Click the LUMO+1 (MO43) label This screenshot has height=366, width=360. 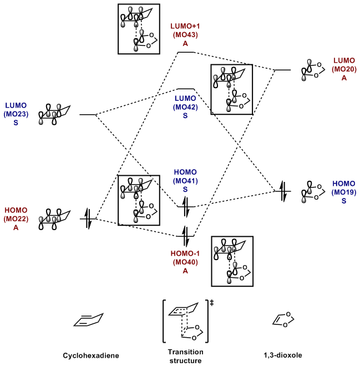click(x=186, y=34)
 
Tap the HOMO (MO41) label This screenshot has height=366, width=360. click(x=186, y=181)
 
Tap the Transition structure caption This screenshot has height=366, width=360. click(x=185, y=356)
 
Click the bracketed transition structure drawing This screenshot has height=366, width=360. click(x=185, y=321)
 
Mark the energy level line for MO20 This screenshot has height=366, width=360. click(x=283, y=70)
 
